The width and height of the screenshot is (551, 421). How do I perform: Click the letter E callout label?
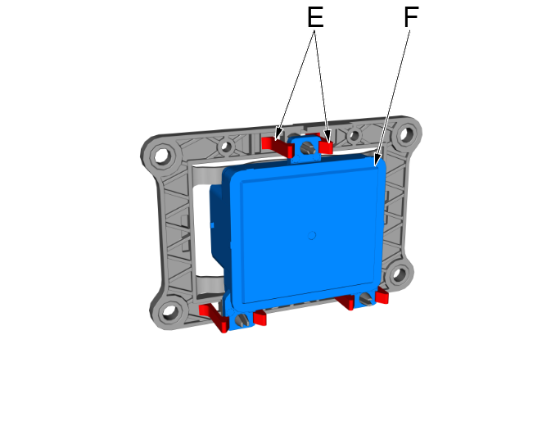(x=314, y=18)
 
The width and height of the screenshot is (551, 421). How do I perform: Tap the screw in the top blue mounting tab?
(x=307, y=148)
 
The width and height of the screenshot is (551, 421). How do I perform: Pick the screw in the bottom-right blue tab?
(x=365, y=300)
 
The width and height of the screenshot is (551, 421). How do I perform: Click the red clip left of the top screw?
(x=278, y=146)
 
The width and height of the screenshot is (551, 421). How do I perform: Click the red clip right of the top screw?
(x=326, y=147)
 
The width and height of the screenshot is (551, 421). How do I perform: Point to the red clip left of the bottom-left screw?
(x=214, y=313)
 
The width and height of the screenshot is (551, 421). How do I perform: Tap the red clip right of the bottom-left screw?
(x=259, y=318)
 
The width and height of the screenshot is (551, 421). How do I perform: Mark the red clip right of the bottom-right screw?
(x=381, y=296)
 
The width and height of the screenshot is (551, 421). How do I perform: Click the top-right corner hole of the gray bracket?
(x=404, y=134)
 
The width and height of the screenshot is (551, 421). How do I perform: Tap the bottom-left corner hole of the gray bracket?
(x=170, y=311)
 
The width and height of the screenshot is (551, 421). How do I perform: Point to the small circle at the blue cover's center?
(x=311, y=236)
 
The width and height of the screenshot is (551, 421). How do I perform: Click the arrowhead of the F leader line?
(x=377, y=164)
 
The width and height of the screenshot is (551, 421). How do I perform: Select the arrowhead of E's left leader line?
(x=278, y=134)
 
